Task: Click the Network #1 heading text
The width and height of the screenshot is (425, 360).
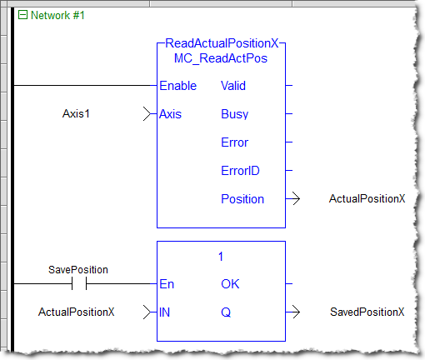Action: (x=57, y=15)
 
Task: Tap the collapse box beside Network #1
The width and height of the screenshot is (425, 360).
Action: (x=22, y=15)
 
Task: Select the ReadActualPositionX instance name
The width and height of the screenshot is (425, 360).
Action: (x=222, y=43)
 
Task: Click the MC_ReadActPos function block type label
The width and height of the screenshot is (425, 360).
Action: (x=221, y=58)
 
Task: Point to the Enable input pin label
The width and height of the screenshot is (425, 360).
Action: (x=177, y=86)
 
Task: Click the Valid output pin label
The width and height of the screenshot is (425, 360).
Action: (x=233, y=86)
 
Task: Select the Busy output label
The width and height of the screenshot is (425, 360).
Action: (x=234, y=114)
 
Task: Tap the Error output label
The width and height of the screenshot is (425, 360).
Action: (x=234, y=142)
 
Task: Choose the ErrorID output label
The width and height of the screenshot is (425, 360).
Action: (x=240, y=171)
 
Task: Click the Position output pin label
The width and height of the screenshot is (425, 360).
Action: (x=242, y=199)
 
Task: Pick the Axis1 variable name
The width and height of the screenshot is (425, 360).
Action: (x=76, y=113)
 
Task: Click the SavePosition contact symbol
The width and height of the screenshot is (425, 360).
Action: (x=79, y=283)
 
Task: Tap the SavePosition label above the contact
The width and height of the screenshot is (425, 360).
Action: (x=78, y=270)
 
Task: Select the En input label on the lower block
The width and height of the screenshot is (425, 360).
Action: (x=167, y=284)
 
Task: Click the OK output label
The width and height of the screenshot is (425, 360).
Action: (x=230, y=284)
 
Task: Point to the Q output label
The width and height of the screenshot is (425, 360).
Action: (x=226, y=312)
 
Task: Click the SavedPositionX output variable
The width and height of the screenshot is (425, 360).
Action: (x=367, y=312)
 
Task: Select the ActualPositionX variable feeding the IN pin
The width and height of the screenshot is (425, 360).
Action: (x=76, y=312)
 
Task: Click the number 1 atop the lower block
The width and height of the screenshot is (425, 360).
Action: (x=221, y=257)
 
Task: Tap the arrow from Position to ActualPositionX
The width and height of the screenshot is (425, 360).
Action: (x=292, y=198)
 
